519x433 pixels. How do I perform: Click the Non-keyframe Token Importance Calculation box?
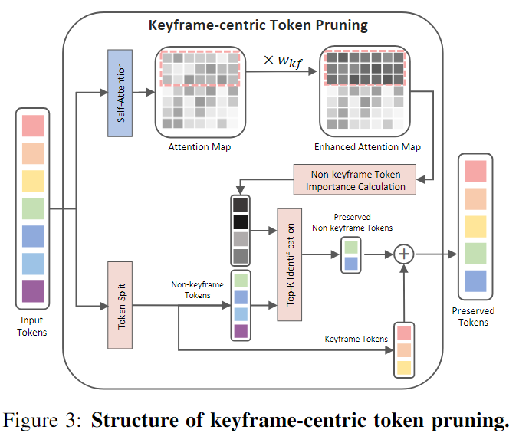coord(355,179)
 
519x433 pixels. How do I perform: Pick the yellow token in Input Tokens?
coord(33,180)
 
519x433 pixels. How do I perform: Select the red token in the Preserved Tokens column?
coord(475,169)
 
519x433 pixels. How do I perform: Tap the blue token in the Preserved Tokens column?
coord(475,280)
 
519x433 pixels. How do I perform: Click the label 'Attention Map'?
coord(199,146)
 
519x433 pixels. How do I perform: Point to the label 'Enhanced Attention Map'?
coord(367,146)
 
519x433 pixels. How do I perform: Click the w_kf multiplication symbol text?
coord(280,59)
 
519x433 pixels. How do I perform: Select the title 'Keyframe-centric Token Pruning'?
coord(258,25)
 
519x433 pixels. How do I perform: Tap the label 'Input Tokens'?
coord(32,327)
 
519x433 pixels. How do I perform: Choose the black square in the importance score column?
coord(241,222)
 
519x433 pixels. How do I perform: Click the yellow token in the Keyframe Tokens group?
coord(404,367)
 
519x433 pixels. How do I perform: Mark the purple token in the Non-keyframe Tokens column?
coord(241,331)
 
